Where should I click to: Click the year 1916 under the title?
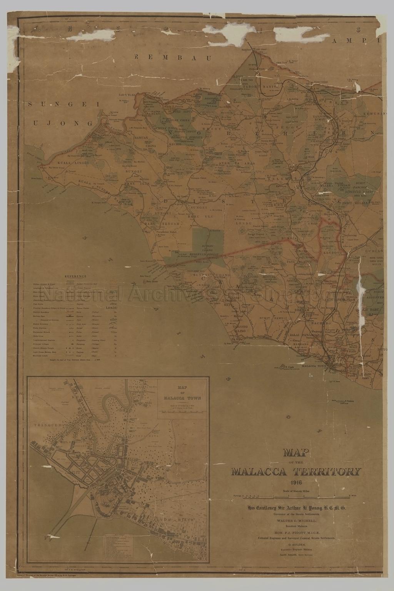pos(296,483)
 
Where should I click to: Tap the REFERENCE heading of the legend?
pos(75,276)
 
